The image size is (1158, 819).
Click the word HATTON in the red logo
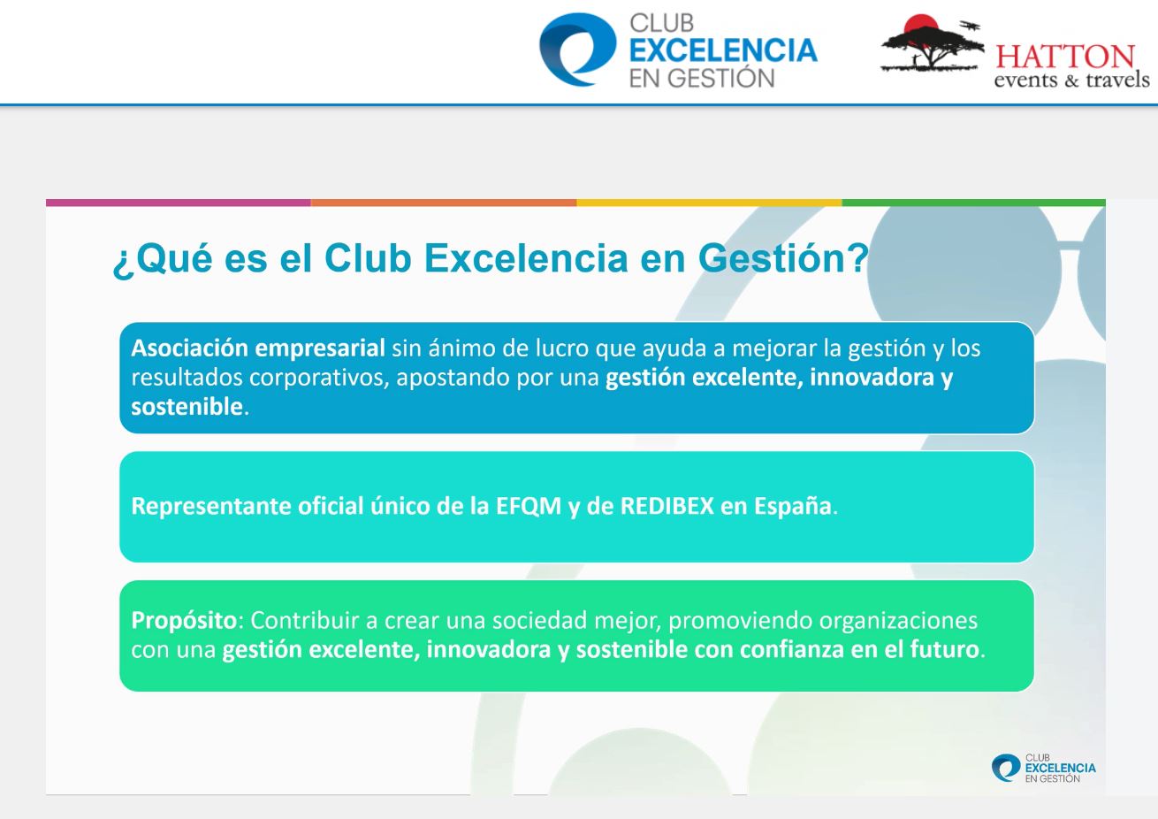[x=1065, y=57]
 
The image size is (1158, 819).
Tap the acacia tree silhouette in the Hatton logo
[x=932, y=45]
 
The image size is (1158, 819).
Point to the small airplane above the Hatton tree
[x=970, y=25]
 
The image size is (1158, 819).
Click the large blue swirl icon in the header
[x=577, y=50]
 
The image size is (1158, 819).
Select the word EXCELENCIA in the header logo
[x=723, y=50]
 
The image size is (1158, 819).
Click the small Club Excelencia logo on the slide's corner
[x=1043, y=768]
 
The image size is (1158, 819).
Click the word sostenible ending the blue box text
[x=187, y=407]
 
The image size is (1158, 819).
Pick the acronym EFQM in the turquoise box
[x=529, y=506]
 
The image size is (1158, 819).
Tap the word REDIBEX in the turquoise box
[x=667, y=506]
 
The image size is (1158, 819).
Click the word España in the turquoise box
[x=793, y=506]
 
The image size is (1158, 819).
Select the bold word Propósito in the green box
[x=184, y=621]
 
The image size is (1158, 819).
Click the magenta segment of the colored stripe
[x=179, y=203]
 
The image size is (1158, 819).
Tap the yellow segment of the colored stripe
[x=709, y=203]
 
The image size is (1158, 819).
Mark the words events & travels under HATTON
[x=1071, y=80]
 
